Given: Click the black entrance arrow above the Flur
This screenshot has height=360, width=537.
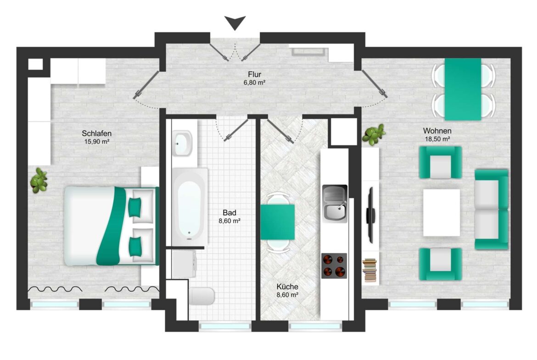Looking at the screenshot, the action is point(235,22).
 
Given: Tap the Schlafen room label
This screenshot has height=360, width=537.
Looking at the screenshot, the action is point(96,133).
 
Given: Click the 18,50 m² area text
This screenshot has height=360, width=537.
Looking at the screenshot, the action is point(437,139).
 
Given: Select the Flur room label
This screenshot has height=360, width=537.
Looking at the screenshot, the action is point(254,74).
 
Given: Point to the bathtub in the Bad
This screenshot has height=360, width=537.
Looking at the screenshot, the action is point(190,207).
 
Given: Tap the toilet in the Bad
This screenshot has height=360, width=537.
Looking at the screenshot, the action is point(201,296).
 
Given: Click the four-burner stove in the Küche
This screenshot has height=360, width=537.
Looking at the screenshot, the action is point(334,266).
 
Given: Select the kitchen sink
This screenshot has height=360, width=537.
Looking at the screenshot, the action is point(335,204).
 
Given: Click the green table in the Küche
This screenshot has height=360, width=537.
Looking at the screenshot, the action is point(277,222).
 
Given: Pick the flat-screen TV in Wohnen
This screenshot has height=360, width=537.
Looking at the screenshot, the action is point(370,215).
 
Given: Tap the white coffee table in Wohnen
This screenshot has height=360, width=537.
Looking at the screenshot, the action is point(442,212).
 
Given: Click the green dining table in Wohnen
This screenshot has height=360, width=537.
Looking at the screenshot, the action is point(463,89).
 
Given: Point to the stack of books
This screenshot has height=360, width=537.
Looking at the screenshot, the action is point(370,270).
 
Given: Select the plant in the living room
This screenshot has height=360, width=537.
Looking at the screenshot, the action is point(374,134).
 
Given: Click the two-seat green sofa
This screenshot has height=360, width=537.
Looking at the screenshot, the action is point(491,210).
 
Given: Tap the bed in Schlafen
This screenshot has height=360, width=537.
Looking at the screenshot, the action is point(112,226).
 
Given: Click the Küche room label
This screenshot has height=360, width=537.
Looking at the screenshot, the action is point(287,287).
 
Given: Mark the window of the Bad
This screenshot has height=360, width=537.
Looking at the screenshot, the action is point(225,327).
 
